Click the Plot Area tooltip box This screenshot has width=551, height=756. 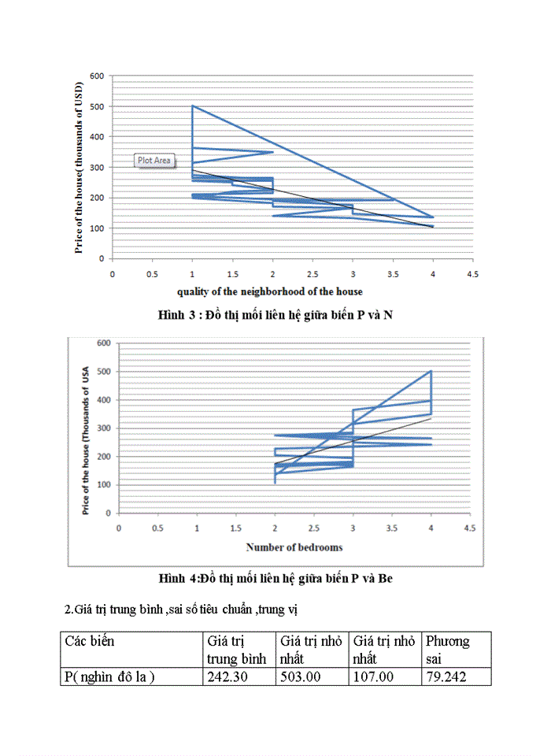tap(154, 160)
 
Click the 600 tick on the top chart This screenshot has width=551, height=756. tap(97, 76)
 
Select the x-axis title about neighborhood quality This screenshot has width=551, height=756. tap(270, 291)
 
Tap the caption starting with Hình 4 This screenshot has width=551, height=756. tap(275, 578)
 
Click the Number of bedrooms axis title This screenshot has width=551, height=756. tap(294, 547)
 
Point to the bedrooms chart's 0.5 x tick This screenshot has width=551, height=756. tap(157, 528)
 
